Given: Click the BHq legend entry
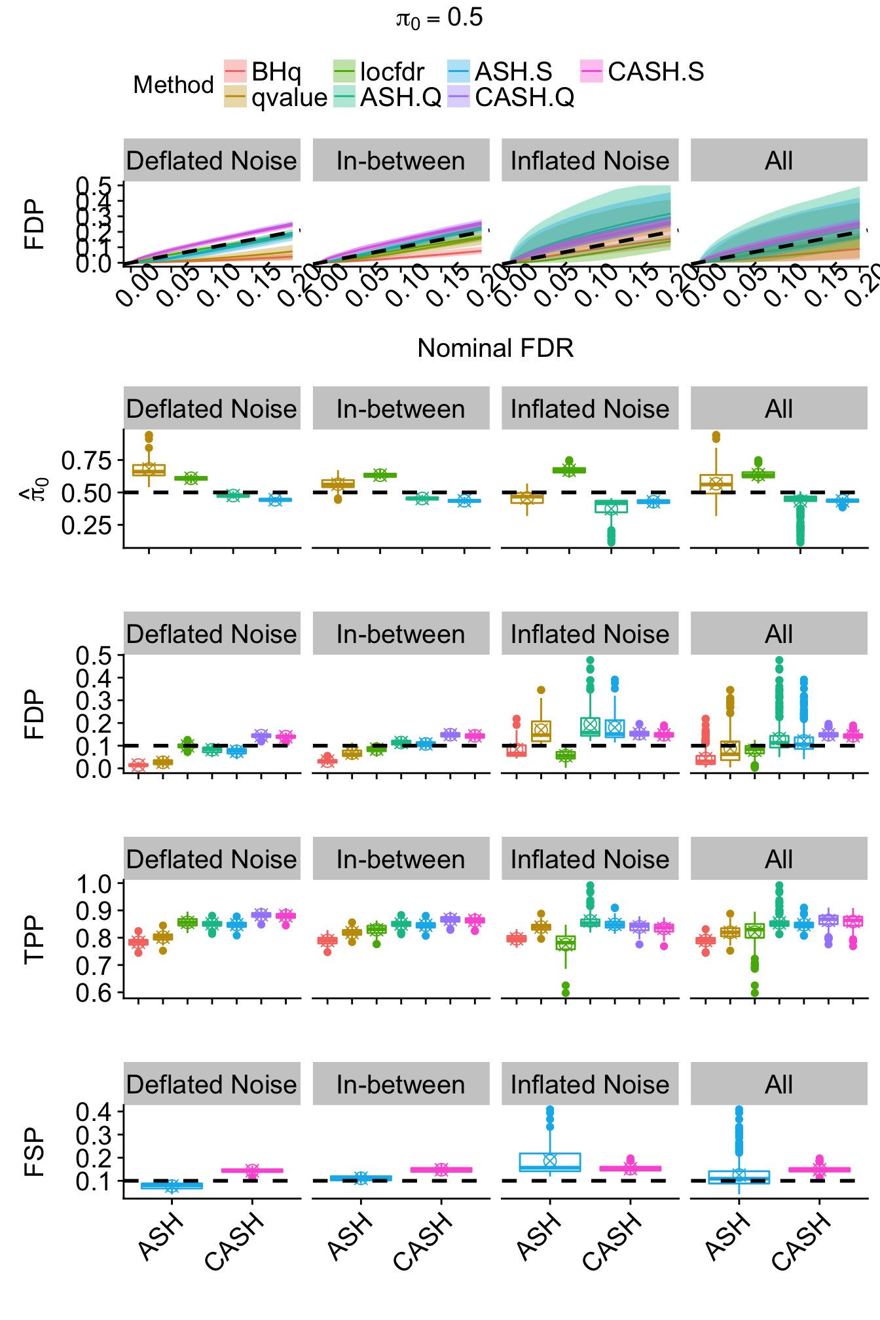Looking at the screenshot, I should [x=263, y=71].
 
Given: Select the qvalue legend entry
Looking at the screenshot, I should [x=276, y=97].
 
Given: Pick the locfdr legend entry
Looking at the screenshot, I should [x=379, y=71].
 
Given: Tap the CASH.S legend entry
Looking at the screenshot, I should [x=642, y=71].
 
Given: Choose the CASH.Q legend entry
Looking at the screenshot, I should [x=511, y=97].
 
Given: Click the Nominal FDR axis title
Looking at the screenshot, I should [x=495, y=348].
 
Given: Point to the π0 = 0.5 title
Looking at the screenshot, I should [x=439, y=18].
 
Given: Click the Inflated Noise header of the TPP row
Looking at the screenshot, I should [x=590, y=859].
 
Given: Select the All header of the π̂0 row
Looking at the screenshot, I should [x=779, y=409].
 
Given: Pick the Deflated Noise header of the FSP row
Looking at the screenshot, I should [x=211, y=1084].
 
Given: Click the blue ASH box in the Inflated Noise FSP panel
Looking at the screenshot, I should [x=550, y=1162].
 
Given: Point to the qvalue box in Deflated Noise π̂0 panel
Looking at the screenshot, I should [x=149, y=470].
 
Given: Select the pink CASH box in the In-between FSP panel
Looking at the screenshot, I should [x=441, y=1169].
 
